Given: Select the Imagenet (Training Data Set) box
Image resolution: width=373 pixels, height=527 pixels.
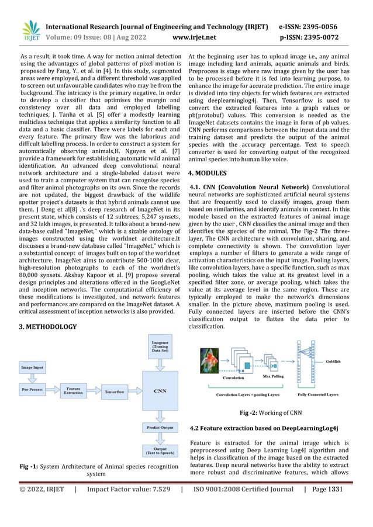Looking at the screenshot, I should tap(161, 346).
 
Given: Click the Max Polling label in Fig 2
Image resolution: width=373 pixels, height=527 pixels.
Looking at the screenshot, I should tap(273, 377).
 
